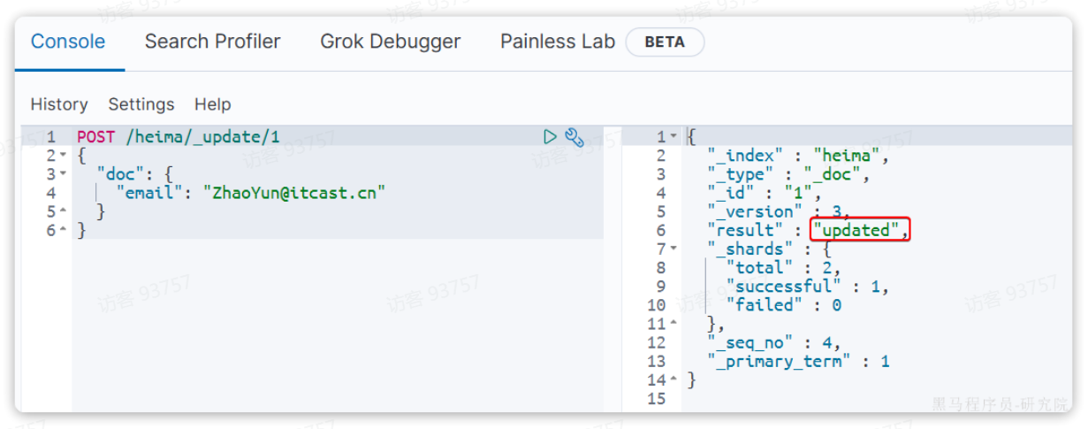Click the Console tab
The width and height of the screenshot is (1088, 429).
tap(68, 42)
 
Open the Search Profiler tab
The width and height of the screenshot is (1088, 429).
tap(212, 42)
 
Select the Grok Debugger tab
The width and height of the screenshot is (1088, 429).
tap(390, 42)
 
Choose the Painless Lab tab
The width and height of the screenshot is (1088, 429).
tap(557, 42)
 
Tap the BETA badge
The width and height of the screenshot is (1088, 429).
tap(665, 42)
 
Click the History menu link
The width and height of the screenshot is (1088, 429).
tap(59, 104)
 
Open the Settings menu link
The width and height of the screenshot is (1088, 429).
tap(141, 104)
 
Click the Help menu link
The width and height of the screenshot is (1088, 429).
tap(212, 104)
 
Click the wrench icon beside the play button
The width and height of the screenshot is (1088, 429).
tap(574, 137)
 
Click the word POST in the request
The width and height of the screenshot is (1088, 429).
tap(95, 137)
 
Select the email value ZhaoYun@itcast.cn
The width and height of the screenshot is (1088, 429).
tap(295, 193)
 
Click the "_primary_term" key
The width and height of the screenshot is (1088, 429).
tap(779, 361)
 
